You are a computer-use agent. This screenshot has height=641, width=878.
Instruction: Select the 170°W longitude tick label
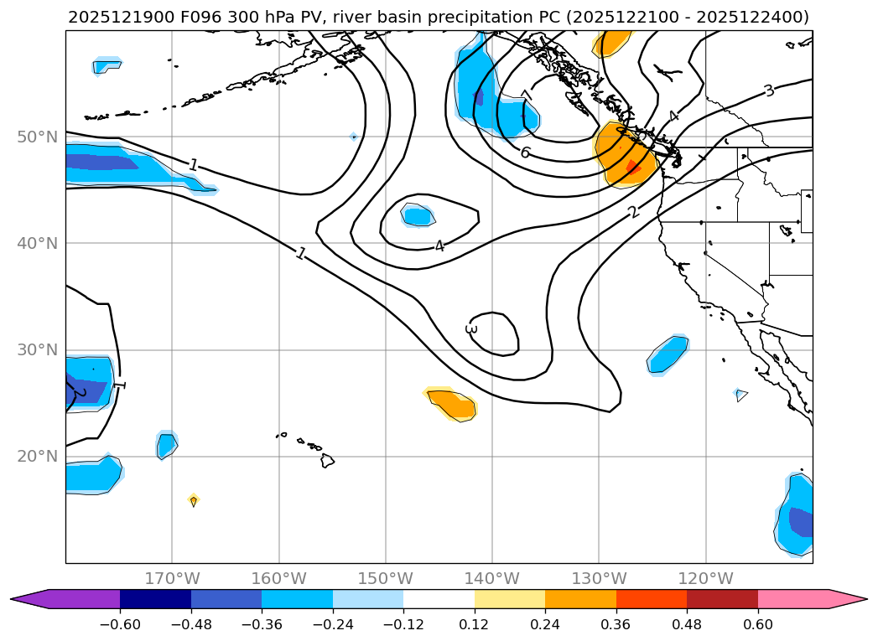[x=172, y=578]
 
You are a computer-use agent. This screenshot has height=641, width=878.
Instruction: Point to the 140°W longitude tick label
[x=492, y=578]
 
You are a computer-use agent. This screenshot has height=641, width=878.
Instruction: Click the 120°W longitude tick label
[x=705, y=578]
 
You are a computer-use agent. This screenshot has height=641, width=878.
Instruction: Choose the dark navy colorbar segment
[x=155, y=599]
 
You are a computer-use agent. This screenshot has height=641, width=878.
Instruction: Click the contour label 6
[x=525, y=152]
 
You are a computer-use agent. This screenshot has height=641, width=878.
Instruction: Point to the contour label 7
[x=526, y=96]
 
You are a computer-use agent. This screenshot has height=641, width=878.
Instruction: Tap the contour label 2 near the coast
[x=633, y=213]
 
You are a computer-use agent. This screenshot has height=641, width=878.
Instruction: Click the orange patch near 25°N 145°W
[x=453, y=404]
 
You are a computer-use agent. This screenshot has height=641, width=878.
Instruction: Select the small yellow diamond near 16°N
[x=194, y=500]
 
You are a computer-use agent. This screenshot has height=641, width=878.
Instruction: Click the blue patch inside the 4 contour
[x=418, y=216]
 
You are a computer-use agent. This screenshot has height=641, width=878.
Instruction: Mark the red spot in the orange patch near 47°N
[x=633, y=168]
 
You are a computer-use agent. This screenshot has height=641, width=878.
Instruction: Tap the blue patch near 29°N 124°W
[x=668, y=354]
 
